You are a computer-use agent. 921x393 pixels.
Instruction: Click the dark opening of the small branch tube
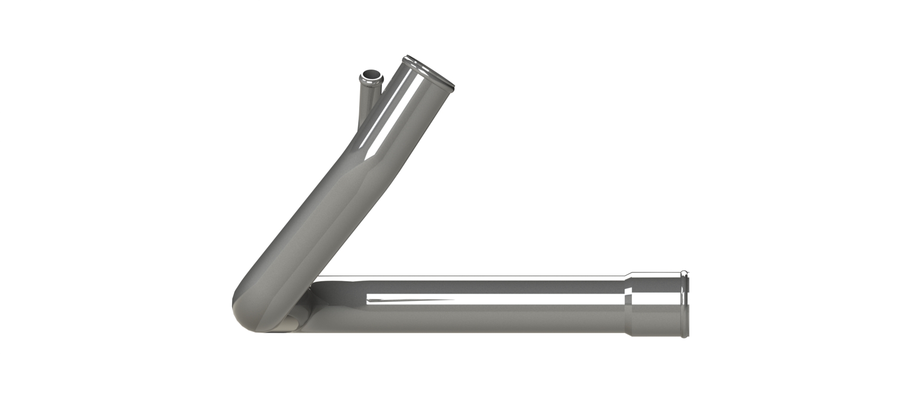pyautogui.click(x=371, y=75)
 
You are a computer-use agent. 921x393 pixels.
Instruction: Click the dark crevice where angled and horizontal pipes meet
pyautogui.click(x=312, y=288)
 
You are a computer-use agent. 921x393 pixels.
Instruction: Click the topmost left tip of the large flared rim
pyautogui.click(x=406, y=56)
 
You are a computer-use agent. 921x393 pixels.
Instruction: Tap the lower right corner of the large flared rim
pyautogui.click(x=451, y=88)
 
